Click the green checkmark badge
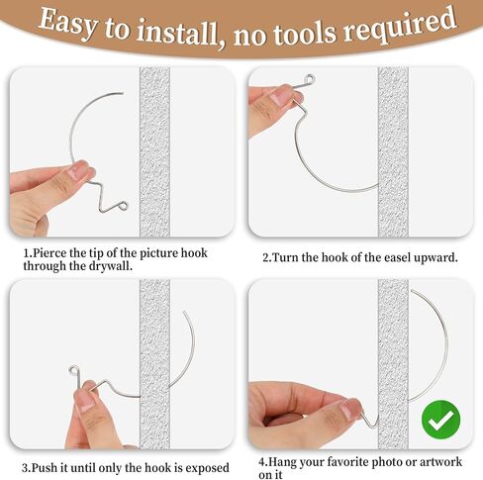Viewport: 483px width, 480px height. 440,420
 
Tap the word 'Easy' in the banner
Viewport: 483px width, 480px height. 68,23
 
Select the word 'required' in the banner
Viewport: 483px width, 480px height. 400,25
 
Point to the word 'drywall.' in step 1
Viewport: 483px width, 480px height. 111,266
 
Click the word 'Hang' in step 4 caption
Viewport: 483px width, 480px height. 281,462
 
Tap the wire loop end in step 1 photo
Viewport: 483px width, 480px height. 123,207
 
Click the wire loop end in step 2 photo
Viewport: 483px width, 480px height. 309,79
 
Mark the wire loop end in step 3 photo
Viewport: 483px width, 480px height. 74,370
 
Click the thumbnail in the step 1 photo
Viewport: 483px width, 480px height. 78,171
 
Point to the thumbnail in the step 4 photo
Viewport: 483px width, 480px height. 350,409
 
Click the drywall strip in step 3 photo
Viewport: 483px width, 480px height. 154,364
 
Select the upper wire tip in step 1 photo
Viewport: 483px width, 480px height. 123,93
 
